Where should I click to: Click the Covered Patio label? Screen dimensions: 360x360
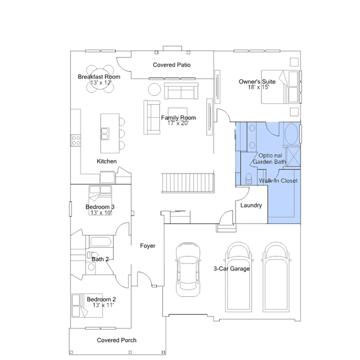(x=171, y=65)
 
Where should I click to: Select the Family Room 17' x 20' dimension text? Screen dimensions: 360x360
(x=178, y=123)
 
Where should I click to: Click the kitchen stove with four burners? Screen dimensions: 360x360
(x=75, y=140)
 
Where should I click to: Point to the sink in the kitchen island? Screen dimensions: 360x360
(x=105, y=134)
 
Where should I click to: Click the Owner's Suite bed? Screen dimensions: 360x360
(x=279, y=87)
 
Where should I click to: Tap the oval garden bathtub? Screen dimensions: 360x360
(x=291, y=134)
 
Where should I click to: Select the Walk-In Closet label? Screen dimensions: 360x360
(x=278, y=181)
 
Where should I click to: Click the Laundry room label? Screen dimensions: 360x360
(x=251, y=205)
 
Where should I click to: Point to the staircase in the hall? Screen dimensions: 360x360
(x=188, y=183)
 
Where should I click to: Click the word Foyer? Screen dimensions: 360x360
(x=148, y=246)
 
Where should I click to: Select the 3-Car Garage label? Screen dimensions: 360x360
(x=232, y=269)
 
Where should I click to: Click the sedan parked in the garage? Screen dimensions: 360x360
(x=188, y=269)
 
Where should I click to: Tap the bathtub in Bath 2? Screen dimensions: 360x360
(x=101, y=242)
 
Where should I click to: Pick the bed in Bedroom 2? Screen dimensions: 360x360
(x=87, y=305)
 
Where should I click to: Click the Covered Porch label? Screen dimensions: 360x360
(x=117, y=340)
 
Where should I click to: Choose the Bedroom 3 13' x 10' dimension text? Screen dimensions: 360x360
(x=101, y=212)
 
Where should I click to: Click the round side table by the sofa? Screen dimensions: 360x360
(x=154, y=90)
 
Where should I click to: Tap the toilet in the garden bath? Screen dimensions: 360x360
(x=248, y=179)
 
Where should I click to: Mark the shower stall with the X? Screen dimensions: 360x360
(x=294, y=157)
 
